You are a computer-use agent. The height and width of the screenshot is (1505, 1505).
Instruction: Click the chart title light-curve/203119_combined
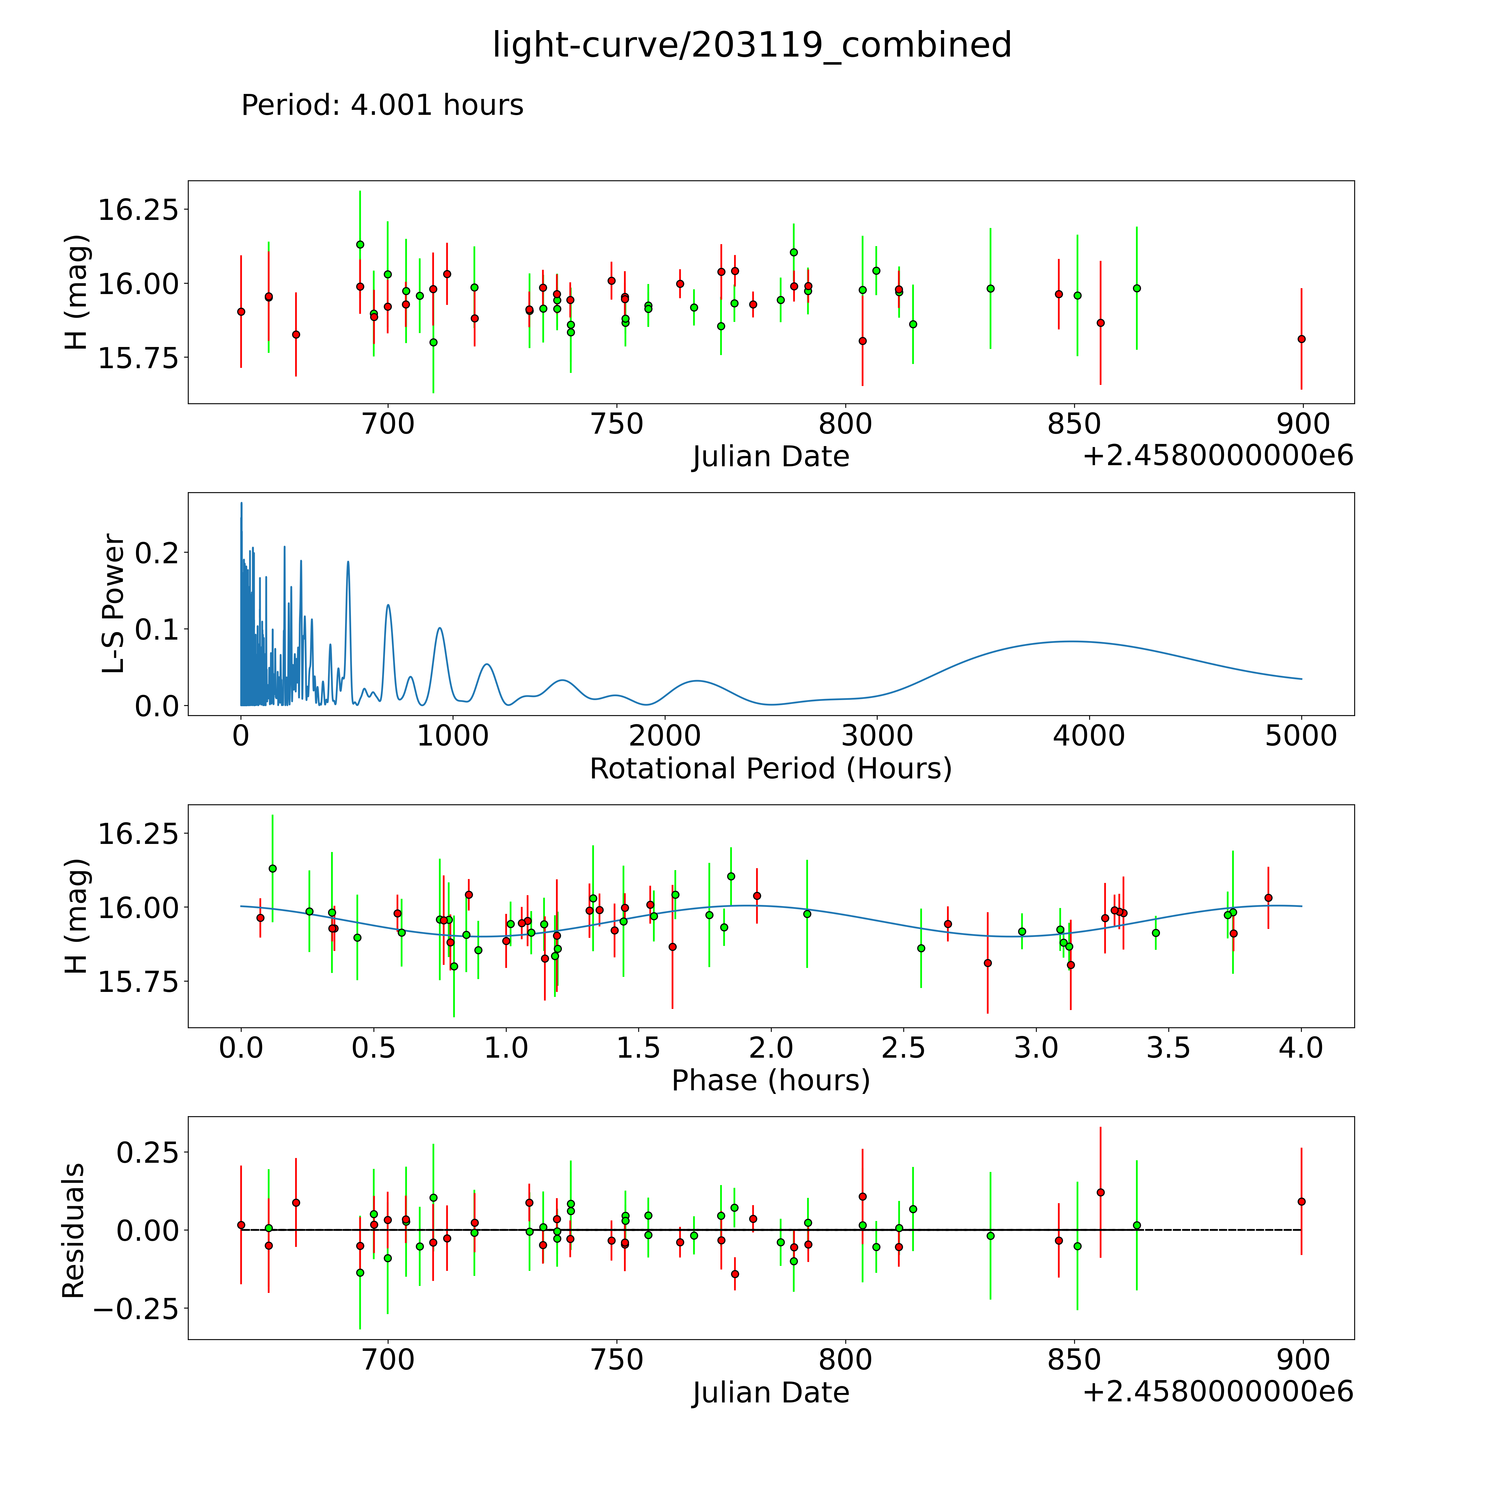[752, 45]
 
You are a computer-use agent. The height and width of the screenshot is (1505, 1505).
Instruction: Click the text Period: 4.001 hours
[382, 105]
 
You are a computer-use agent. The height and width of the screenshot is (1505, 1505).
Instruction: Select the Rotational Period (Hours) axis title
[770, 769]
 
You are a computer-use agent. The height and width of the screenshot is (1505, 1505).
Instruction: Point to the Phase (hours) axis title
[770, 1081]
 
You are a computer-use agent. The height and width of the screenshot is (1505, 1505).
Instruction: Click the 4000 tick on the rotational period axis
[1088, 736]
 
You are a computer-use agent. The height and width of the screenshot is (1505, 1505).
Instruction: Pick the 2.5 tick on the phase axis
[904, 1048]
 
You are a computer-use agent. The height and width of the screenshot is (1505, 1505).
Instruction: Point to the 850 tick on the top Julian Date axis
[1074, 424]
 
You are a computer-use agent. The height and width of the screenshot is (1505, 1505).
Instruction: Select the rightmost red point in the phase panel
[1268, 898]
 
